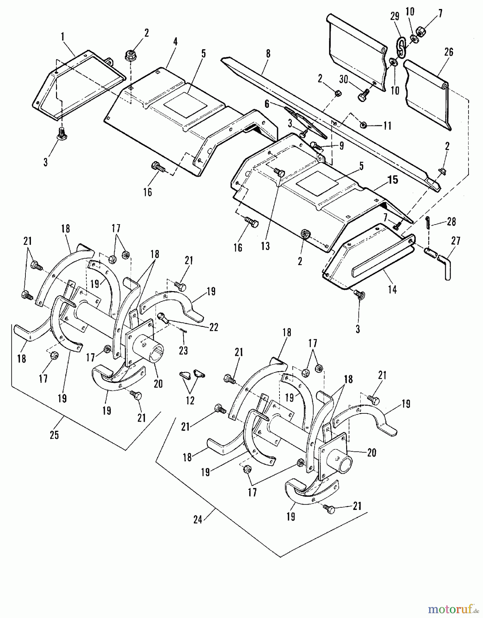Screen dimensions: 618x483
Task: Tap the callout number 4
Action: pyautogui.click(x=175, y=42)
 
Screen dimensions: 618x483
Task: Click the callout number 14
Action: pyautogui.click(x=392, y=290)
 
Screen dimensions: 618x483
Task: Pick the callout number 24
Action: pyautogui.click(x=197, y=520)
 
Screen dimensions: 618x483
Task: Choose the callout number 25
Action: pyautogui.click(x=54, y=435)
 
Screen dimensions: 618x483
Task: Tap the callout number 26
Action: pyautogui.click(x=449, y=52)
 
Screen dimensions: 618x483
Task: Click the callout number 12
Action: pyautogui.click(x=190, y=400)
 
